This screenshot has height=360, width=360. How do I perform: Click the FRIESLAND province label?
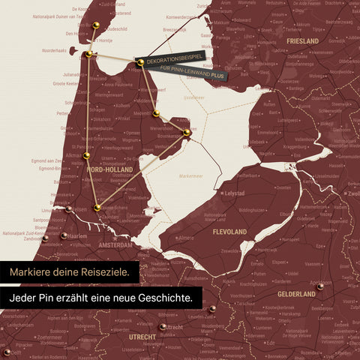point(303,40)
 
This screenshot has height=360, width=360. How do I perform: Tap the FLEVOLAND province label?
point(229,232)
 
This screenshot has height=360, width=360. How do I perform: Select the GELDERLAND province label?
point(296,294)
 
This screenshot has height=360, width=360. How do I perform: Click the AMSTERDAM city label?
point(115,245)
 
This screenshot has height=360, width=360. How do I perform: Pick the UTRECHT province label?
point(142,337)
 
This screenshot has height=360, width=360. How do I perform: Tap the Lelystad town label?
point(235,193)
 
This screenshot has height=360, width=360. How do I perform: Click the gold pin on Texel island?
point(95,25)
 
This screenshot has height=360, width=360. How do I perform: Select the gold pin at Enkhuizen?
point(187,133)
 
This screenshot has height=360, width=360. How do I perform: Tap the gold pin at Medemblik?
point(156,114)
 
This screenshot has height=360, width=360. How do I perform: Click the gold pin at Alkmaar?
point(86,156)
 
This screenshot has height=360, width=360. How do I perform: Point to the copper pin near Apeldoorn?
point(320,286)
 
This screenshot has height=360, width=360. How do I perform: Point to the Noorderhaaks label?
point(55,51)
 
